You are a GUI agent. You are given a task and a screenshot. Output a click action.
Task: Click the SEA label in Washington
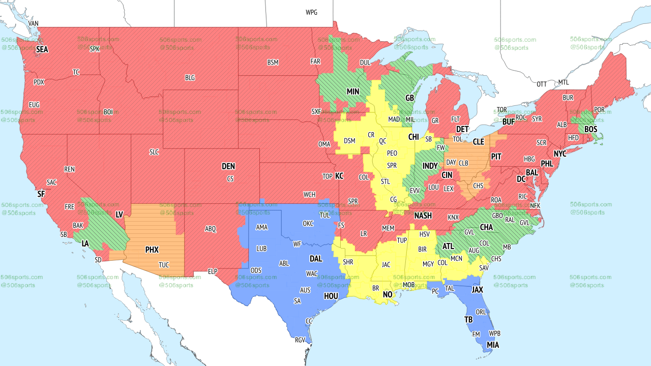click(x=42, y=50)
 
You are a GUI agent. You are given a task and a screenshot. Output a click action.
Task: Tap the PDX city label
click(x=39, y=82)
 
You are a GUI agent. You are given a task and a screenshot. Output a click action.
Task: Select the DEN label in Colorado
click(x=228, y=166)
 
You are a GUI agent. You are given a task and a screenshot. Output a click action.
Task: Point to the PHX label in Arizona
click(x=152, y=250)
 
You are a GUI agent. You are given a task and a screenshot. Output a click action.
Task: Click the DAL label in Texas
click(x=316, y=259)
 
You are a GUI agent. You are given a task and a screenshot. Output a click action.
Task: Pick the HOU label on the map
click(x=331, y=296)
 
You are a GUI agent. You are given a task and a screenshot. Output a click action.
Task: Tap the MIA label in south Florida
click(x=492, y=345)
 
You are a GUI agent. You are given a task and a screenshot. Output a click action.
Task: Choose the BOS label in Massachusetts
click(x=590, y=130)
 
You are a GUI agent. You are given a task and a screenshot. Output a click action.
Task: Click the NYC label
click(x=560, y=154)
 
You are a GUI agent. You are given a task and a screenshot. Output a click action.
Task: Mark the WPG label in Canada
click(x=311, y=12)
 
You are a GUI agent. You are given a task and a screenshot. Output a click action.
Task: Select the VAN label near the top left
click(x=34, y=23)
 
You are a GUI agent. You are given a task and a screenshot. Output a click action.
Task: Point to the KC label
click(x=339, y=176)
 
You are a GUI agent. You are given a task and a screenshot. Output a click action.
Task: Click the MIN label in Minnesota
click(x=352, y=92)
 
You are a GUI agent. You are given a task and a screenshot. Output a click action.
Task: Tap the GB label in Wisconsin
click(x=409, y=98)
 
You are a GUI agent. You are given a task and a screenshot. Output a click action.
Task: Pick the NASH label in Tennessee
click(x=423, y=216)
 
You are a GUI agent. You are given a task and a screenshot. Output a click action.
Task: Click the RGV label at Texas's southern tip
click(x=300, y=341)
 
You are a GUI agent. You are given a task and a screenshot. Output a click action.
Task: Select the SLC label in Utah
click(x=154, y=151)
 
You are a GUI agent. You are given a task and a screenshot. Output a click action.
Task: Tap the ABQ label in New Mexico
click(x=211, y=229)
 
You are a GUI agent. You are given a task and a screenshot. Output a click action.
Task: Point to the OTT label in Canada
click(x=542, y=84)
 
